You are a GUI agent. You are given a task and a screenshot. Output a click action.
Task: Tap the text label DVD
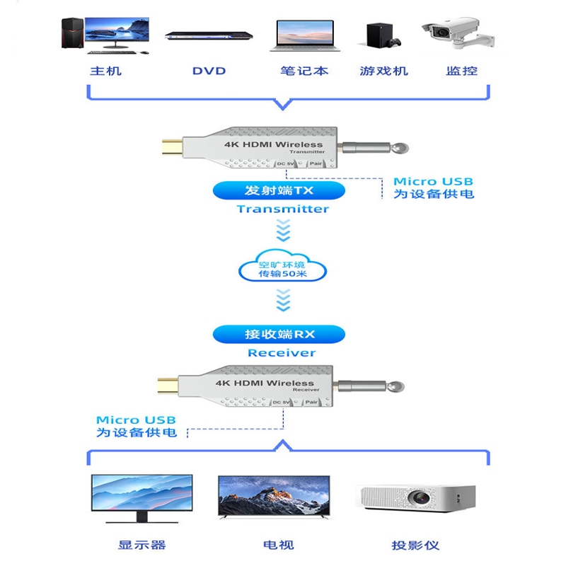point(209,71)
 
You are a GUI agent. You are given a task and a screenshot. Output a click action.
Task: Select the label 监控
point(462,71)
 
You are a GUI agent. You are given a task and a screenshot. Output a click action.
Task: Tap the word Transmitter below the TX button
point(283,209)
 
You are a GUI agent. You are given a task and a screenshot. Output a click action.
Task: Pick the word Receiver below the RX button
point(282,352)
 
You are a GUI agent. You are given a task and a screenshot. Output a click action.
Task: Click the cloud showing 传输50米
point(283,270)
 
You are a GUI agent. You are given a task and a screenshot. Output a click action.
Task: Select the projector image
point(417,499)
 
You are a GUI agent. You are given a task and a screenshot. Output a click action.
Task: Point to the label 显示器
point(141,545)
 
